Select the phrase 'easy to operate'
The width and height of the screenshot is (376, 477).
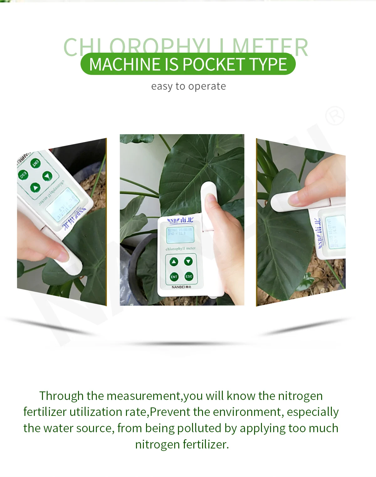pyautogui.click(x=188, y=86)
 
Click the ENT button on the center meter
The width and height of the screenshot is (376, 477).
pyautogui.click(x=174, y=277)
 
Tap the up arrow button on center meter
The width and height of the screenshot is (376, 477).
pyautogui.click(x=174, y=262)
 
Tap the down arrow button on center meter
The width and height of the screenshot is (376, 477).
pyautogui.click(x=188, y=261)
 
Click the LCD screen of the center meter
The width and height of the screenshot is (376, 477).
pyautogui.click(x=180, y=235)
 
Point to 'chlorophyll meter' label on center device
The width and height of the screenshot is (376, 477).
pyautogui.click(x=180, y=249)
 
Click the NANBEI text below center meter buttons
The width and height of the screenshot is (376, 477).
pyautogui.click(x=181, y=287)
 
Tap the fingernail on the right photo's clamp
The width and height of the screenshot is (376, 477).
pyautogui.click(x=293, y=200)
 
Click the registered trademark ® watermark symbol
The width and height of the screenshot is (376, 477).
pyautogui.click(x=335, y=116)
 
